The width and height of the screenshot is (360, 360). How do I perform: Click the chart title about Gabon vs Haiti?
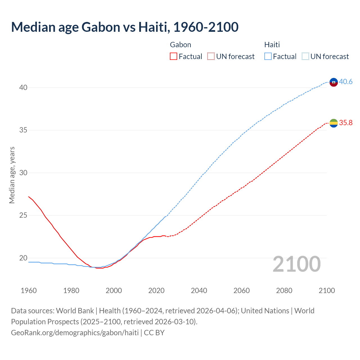[x=125, y=27]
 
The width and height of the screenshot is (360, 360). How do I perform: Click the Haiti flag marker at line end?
[x=334, y=82]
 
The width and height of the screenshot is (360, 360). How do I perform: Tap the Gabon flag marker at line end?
[x=334, y=123]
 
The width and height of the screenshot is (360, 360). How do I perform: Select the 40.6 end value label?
[x=346, y=82]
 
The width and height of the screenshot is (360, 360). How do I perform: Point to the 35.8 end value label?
[x=346, y=123]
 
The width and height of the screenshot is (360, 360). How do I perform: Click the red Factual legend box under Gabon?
[x=174, y=57]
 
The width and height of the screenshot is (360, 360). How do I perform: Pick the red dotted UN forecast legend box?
[x=211, y=57]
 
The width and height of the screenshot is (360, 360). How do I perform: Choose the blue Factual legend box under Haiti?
[x=268, y=57]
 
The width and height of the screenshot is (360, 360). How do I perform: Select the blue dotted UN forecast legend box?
[x=305, y=57]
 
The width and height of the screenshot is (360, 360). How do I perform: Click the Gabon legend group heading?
[x=181, y=45]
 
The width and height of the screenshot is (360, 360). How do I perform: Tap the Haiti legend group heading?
[x=272, y=45]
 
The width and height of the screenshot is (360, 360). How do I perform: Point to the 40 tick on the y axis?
[x=23, y=87]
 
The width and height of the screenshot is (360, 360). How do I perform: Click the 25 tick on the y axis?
[x=23, y=215]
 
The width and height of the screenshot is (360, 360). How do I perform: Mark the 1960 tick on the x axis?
[x=29, y=291]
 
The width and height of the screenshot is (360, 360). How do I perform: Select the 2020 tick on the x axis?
[x=156, y=291]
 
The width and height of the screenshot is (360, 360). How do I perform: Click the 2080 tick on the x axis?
[x=284, y=291]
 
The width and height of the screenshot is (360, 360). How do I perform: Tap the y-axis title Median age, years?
[x=12, y=175]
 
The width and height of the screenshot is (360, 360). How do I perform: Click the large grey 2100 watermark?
[x=296, y=264]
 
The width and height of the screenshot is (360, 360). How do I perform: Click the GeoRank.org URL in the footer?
[x=75, y=333]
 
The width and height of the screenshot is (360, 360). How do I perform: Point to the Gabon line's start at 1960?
[x=29, y=197]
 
